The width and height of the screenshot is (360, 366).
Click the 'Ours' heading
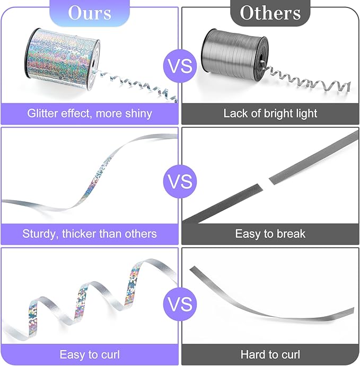90,13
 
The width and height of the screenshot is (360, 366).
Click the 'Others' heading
270,13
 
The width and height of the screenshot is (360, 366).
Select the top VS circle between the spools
180,66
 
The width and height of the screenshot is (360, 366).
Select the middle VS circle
180,181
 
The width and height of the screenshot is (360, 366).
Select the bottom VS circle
180,304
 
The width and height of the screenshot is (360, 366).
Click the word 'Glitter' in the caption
42,113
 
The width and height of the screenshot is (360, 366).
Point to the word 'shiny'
139,114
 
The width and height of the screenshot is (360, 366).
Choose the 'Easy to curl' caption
90,354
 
